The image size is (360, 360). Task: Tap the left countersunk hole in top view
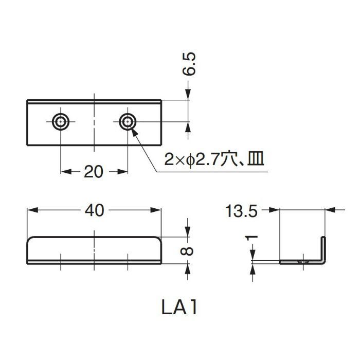click(61, 121)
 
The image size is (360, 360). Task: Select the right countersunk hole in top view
click(127, 121)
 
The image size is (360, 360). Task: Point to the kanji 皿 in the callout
click(255, 160)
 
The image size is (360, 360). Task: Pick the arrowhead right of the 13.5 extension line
click(331, 210)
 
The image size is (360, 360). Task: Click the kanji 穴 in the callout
click(227, 160)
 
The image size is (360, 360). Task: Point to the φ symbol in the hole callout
click(189, 160)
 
